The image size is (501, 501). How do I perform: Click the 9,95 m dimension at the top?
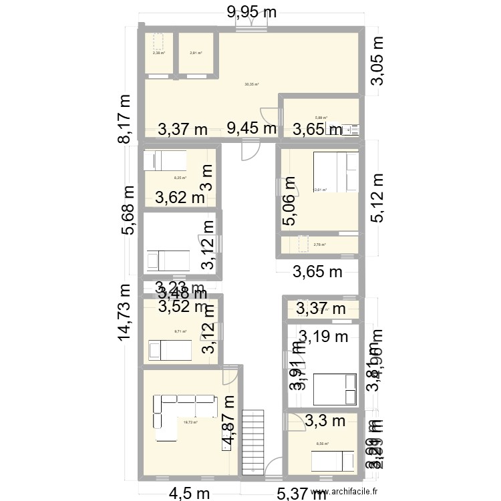pyautogui.click(x=252, y=11)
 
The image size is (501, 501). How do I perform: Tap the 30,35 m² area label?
pyautogui.click(x=251, y=85)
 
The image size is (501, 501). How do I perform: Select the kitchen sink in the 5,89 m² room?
pyautogui.click(x=351, y=128)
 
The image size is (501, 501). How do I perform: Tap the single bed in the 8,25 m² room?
pyautogui.click(x=167, y=161)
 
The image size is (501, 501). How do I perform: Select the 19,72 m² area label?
pyautogui.click(x=190, y=422)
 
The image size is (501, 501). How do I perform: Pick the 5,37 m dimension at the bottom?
pyautogui.click(x=303, y=492)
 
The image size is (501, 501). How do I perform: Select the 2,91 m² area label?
pyautogui.click(x=196, y=53)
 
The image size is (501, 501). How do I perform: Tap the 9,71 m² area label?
pyautogui.click(x=180, y=331)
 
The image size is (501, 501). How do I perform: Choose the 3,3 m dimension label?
pyautogui.click(x=325, y=420)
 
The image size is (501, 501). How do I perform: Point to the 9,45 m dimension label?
pyautogui.click(x=252, y=128)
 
